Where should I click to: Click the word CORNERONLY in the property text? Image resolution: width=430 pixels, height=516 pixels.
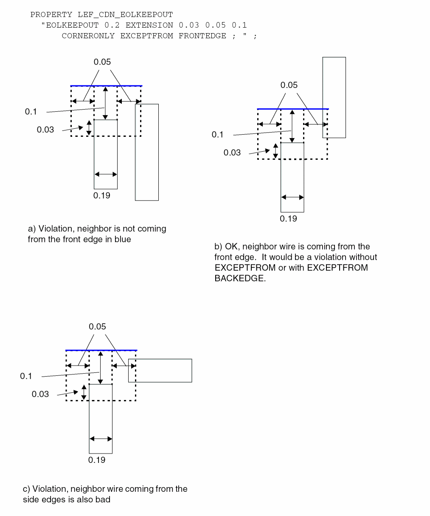pyautogui.click(x=88, y=36)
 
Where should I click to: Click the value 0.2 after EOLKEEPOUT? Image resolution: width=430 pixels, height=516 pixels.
pyautogui.click(x=112, y=25)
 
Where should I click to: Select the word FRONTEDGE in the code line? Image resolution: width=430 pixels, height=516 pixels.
pyautogui.click(x=202, y=36)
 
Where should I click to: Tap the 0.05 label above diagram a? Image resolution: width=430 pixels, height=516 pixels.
pyautogui.click(x=102, y=62)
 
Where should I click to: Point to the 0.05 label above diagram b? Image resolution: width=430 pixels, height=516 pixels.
pyautogui.click(x=289, y=85)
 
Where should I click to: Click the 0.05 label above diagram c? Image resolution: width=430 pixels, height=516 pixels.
pyautogui.click(x=97, y=326)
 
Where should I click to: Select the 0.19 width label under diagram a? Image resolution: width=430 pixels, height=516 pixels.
pyautogui.click(x=102, y=196)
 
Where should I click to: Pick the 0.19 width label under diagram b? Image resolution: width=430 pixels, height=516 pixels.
pyautogui.click(x=288, y=219)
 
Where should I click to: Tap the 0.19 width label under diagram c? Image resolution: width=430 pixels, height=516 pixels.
pyautogui.click(x=97, y=460)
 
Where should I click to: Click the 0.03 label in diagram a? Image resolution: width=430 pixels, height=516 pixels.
pyautogui.click(x=45, y=130)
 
